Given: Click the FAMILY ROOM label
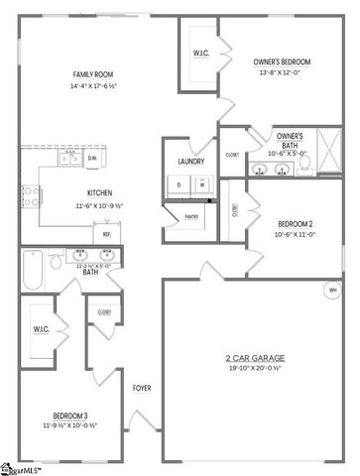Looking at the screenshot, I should pos(90,75).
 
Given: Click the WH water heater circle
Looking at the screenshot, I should pos(332,291).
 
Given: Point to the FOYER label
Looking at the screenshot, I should pos(142,387).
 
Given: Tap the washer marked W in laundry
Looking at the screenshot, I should pos(201,183).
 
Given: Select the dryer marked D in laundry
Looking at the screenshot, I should pos(180,183).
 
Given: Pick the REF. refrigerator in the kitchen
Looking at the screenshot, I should pos(106,234).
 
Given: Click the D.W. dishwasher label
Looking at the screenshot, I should pos(92,158).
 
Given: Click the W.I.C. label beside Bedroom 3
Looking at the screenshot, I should pos(41,328).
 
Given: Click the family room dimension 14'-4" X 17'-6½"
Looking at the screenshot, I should pos(90,86).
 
